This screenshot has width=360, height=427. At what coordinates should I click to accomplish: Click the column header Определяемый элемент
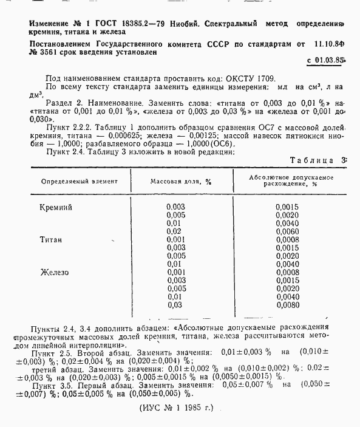coord(80,181)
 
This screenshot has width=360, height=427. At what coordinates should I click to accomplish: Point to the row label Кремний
coord(56,207)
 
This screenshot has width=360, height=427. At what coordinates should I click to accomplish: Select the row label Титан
coord(52,240)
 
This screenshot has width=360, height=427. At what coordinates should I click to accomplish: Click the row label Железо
coord(55,272)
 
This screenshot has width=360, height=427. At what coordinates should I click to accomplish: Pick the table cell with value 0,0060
coord(287,231)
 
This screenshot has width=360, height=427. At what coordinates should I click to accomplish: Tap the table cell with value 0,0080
coord(287,305)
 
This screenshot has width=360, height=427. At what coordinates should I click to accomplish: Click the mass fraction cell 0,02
coord(174,231)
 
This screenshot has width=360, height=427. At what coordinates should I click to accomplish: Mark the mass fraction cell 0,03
coord(174,305)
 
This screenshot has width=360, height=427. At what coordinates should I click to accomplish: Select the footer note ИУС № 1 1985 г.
coord(176,409)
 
